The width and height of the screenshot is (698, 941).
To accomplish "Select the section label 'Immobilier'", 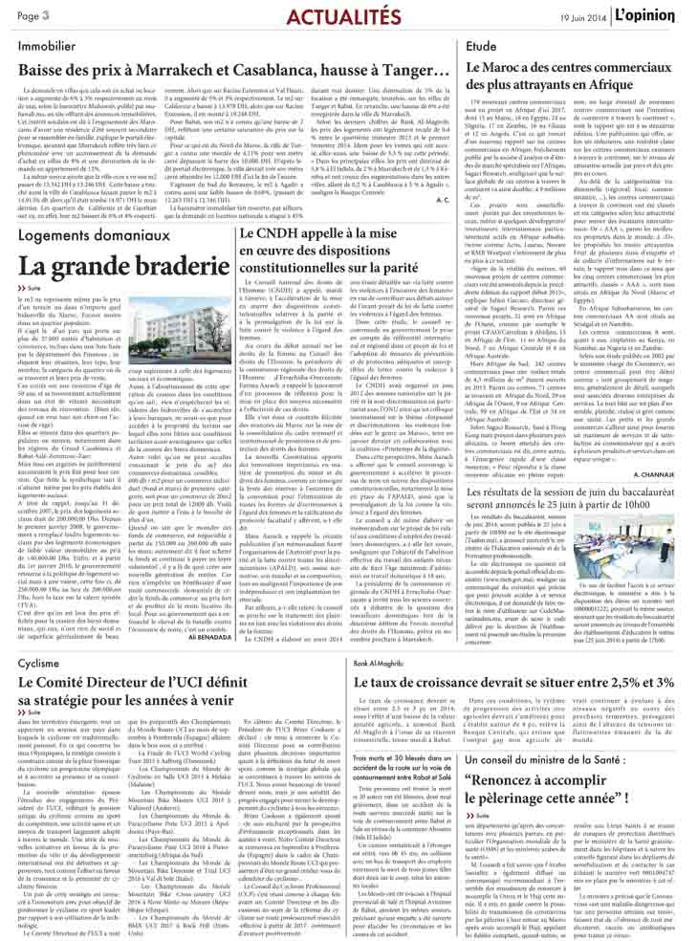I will coord(46,44).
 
